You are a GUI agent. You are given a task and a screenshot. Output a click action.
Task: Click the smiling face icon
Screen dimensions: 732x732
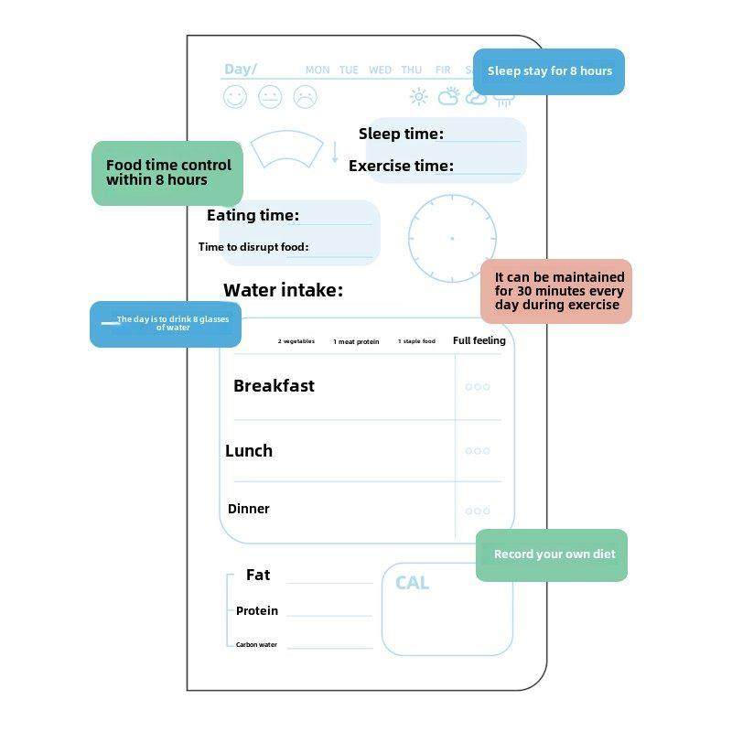(x=235, y=96)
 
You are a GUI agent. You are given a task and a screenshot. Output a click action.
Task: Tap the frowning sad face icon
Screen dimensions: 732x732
(x=305, y=96)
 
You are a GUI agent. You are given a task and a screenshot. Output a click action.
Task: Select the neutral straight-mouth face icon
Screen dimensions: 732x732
(x=270, y=96)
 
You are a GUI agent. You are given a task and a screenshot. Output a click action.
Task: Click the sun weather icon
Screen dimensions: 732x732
(x=419, y=97)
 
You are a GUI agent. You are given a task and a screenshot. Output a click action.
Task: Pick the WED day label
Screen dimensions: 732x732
(x=380, y=70)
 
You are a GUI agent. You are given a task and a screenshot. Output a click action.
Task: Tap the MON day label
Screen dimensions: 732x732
(x=318, y=70)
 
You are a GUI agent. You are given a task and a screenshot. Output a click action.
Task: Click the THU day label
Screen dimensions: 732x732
(x=412, y=70)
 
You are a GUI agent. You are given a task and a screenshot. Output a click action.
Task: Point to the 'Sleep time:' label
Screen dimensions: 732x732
(x=401, y=134)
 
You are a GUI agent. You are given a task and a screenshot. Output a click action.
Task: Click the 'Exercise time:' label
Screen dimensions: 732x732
(x=401, y=166)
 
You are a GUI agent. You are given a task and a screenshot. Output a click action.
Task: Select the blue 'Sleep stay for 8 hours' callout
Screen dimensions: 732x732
(x=549, y=71)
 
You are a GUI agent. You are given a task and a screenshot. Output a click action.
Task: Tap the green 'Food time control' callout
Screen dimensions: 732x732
(x=168, y=172)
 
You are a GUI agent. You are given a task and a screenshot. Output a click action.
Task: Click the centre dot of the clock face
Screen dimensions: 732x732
(x=452, y=238)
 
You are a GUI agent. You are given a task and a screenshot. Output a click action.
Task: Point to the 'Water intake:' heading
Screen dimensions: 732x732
(x=284, y=290)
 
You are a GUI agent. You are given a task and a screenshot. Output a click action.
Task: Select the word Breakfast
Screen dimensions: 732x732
(x=274, y=386)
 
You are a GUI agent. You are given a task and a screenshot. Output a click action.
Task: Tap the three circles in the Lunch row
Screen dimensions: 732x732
(x=478, y=451)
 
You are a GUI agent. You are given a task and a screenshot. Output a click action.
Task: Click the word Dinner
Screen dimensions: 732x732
(x=249, y=509)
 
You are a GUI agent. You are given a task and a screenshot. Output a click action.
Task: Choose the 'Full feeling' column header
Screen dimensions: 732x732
(x=479, y=340)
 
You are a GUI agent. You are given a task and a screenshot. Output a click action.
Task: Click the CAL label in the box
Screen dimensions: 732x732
(x=412, y=583)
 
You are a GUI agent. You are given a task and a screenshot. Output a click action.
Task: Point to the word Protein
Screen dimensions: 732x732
(x=257, y=610)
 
